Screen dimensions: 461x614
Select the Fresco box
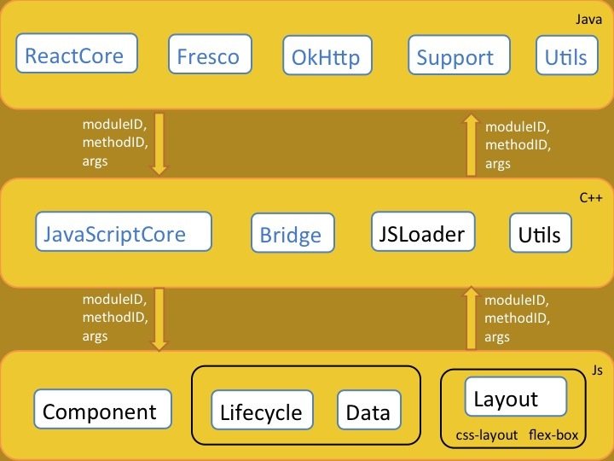coord(207,57)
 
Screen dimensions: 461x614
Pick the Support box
coord(455,57)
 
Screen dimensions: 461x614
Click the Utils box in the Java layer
coord(565,57)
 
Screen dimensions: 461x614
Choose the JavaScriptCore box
coord(114,233)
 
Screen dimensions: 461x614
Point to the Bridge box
coord(291,235)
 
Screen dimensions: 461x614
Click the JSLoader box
coord(423,232)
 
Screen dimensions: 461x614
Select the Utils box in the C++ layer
coord(541,233)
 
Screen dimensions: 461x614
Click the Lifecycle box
coord(261,412)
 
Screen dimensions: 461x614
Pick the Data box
coord(368,412)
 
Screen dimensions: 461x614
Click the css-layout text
coord(487,435)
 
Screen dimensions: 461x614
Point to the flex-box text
coord(553,435)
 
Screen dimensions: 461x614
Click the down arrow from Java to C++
coord(159,144)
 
